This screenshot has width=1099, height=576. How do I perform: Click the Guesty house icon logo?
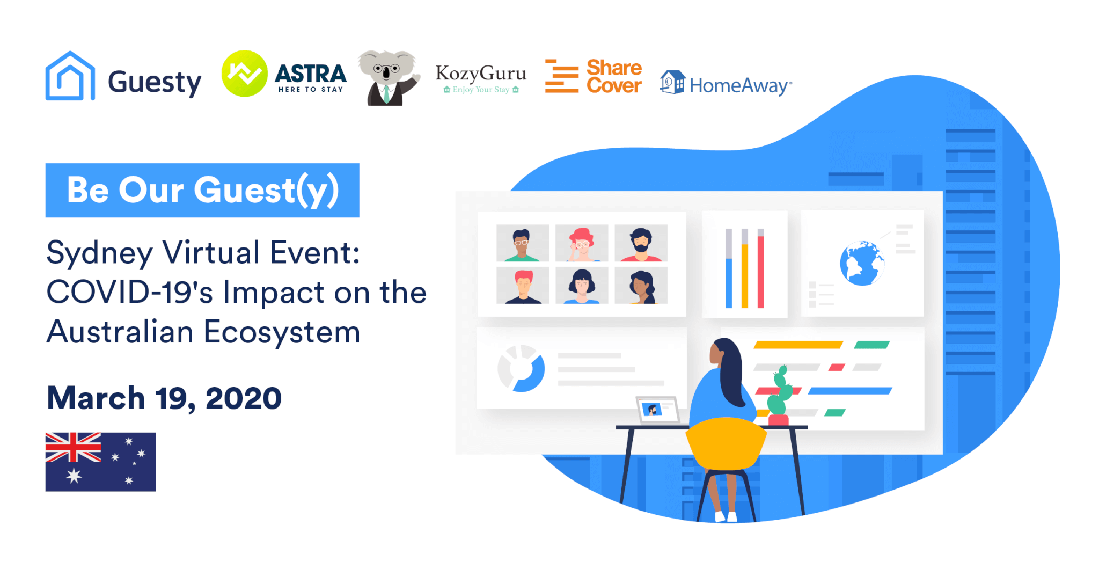click(x=70, y=76)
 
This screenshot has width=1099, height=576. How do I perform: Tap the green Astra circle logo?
click(x=245, y=74)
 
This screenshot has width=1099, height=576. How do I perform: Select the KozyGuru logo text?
click(x=481, y=73)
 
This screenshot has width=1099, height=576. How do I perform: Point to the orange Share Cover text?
click(x=614, y=76)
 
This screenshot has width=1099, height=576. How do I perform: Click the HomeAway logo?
click(x=726, y=83)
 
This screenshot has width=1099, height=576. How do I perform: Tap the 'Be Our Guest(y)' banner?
click(x=202, y=190)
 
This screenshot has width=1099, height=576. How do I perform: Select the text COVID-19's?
click(x=130, y=293)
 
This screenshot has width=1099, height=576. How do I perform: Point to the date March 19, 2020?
click(x=164, y=398)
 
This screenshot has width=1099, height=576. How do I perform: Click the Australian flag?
click(x=101, y=462)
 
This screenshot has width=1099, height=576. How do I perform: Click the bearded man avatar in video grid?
click(x=641, y=243)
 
